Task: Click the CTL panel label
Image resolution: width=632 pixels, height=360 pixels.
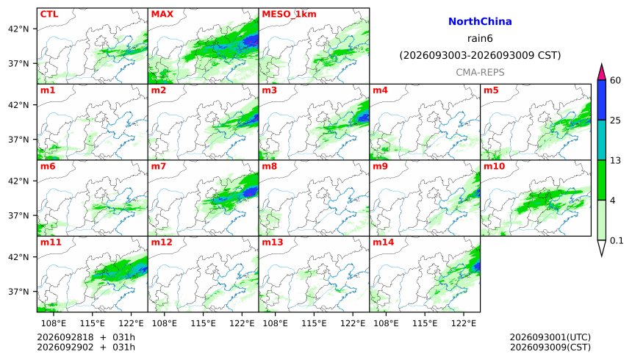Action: pyautogui.click(x=49, y=14)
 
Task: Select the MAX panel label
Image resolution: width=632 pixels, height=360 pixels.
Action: pyautogui.click(x=162, y=14)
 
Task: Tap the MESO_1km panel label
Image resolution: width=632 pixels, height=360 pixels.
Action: pyautogui.click(x=289, y=15)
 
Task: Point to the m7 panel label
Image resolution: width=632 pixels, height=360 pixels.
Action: pyautogui.click(x=159, y=166)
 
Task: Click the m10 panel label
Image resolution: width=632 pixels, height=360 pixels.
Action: pyautogui.click(x=494, y=166)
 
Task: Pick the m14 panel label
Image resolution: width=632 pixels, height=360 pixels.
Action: pyautogui.click(x=383, y=242)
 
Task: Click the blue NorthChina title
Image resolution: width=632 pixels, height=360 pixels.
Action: pyautogui.click(x=480, y=21)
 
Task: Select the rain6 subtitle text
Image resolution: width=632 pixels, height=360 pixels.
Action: pyautogui.click(x=480, y=38)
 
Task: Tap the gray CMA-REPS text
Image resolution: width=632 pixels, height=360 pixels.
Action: pyautogui.click(x=480, y=72)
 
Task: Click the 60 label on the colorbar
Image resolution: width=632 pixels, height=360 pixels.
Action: pyautogui.click(x=615, y=80)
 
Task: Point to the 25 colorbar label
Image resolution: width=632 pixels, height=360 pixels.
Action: pyautogui.click(x=615, y=120)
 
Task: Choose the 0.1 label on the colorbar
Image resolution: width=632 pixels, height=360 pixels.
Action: pyautogui.click(x=617, y=241)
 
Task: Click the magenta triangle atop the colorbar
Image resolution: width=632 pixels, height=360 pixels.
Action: pyautogui.click(x=601, y=73)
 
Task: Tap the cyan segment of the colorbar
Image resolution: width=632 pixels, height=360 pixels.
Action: pyautogui.click(x=601, y=140)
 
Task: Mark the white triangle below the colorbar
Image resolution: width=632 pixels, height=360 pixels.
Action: pyautogui.click(x=601, y=247)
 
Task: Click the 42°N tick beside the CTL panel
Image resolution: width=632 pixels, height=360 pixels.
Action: pyautogui.click(x=18, y=29)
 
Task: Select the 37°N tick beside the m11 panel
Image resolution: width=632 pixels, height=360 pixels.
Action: pyautogui.click(x=18, y=292)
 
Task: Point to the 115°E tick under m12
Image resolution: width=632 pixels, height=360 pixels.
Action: pyautogui.click(x=203, y=323)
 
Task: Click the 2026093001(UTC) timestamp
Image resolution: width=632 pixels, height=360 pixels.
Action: pyautogui.click(x=550, y=337)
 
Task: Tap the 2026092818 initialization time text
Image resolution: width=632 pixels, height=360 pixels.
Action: pyautogui.click(x=65, y=337)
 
